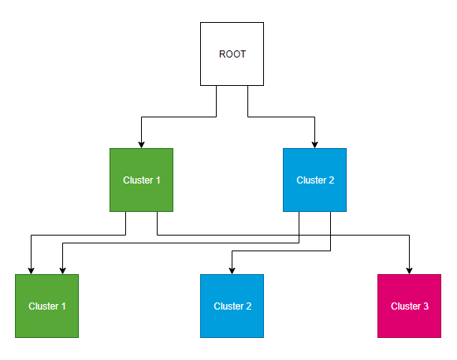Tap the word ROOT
tap(232, 54)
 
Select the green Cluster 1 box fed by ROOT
tap(141, 180)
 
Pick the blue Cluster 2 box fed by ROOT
tap(314, 180)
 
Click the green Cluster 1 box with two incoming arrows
tap(46, 306)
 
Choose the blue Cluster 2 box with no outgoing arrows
tap(232, 306)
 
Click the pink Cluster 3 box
tap(409, 306)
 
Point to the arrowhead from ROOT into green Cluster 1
tap(141, 144)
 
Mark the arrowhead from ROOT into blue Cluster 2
tap(315, 144)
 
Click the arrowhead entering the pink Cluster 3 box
tap(410, 270)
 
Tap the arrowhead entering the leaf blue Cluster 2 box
tap(232, 270)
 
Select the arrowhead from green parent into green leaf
tap(31, 270)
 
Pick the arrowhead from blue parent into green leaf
tap(62, 270)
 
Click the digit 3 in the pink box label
tap(425, 306)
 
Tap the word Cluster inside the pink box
tap(405, 306)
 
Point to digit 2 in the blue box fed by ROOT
tap(332, 180)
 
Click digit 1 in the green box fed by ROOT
tap(158, 180)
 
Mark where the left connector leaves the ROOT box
tap(216, 86)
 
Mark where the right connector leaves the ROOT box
tap(247, 86)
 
